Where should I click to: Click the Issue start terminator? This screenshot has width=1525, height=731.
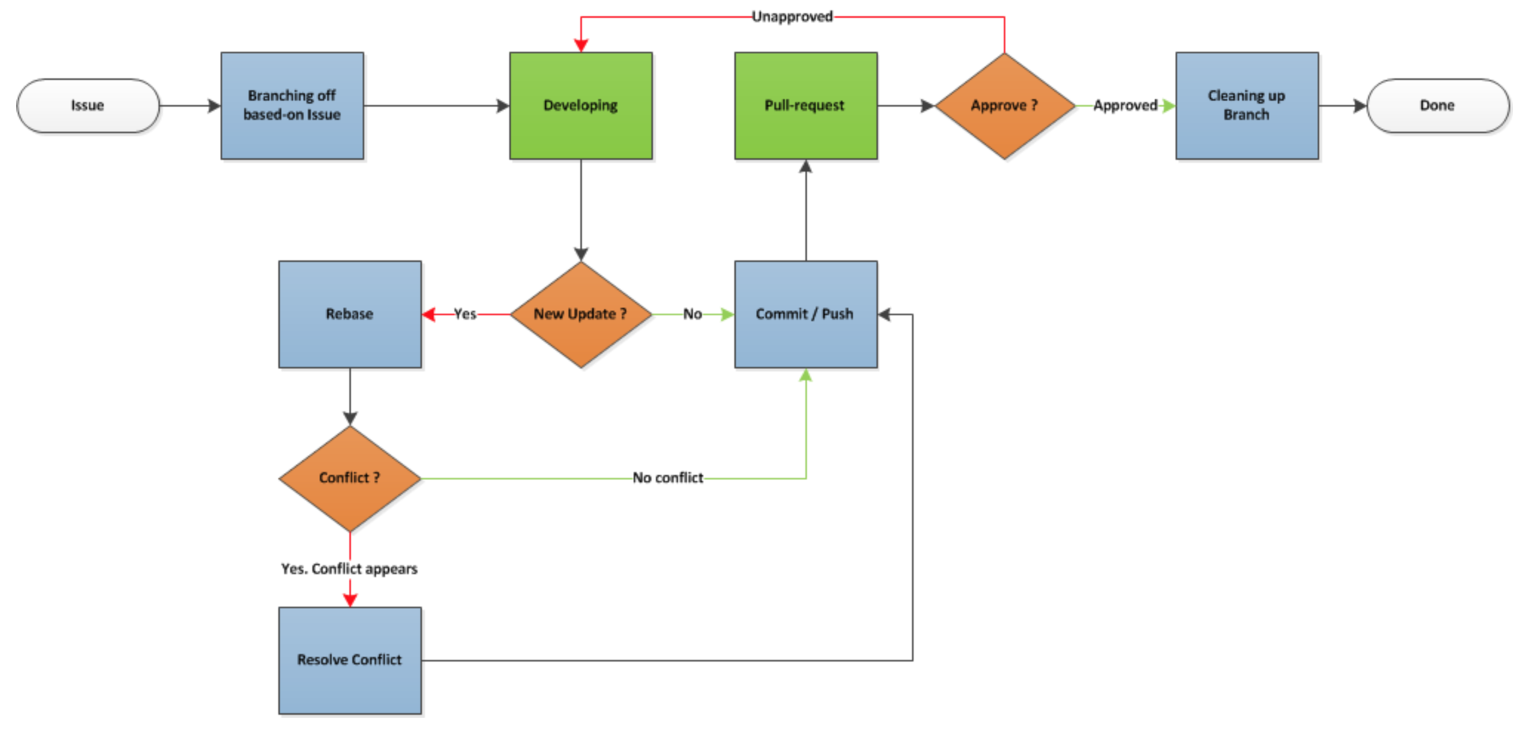coord(88,106)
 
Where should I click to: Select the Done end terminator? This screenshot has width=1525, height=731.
coord(1438,106)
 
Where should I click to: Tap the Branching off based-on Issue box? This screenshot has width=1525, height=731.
coord(292,106)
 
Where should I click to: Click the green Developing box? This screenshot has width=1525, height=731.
coord(581,106)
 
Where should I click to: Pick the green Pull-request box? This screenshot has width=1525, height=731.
coord(806,106)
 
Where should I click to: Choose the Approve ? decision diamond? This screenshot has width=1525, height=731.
coord(1005,106)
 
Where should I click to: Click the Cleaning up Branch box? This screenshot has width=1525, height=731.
coord(1247,106)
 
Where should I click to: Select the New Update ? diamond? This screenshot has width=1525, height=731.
coord(581,314)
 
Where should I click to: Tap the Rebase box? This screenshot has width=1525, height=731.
coord(350,314)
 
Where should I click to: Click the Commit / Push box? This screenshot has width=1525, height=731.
coord(806,314)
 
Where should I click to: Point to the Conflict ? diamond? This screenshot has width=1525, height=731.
coord(350,479)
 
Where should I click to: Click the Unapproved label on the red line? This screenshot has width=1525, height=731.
coord(792,16)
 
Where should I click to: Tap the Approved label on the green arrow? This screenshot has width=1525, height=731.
coord(1125,106)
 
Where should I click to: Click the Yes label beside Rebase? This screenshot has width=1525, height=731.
coord(465,314)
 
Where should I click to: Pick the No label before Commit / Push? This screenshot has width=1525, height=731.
coord(692,314)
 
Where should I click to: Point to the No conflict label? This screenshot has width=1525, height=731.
coord(668,479)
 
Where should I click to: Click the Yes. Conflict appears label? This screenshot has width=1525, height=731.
coord(349,569)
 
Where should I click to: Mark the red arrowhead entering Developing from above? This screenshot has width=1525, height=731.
coord(581,45)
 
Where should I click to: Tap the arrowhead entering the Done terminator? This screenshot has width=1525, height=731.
coord(1360,106)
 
